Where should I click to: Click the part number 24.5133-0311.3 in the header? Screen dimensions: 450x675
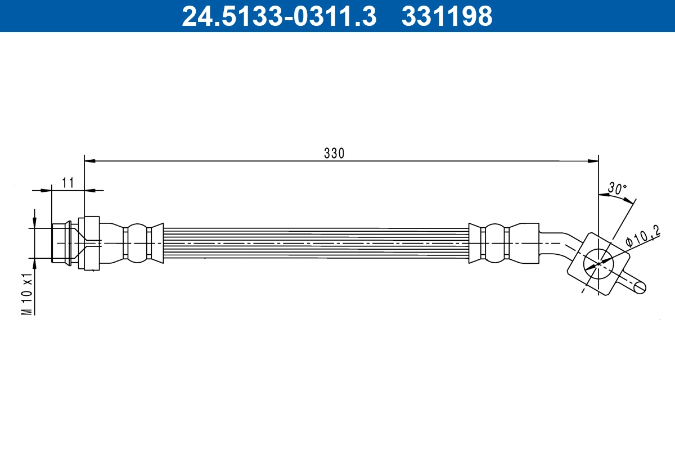pos(278,16)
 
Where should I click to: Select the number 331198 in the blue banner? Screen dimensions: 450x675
pos(447,16)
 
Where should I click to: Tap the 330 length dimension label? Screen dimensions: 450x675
pos(334,153)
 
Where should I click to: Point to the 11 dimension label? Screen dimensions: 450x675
pos(68,183)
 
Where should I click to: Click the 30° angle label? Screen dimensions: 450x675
pos(617,188)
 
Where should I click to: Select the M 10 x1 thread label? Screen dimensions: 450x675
pos(26,294)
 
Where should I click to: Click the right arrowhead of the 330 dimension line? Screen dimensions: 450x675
pos(593,161)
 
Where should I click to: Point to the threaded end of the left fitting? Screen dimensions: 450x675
pos(60,243)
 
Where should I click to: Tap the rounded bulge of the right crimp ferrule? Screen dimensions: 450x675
pos(495,243)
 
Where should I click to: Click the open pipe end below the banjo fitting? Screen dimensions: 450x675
pos(640,286)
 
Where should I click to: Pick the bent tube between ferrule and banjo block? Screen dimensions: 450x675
pos(560,239)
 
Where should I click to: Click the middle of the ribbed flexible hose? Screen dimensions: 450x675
pos(315,244)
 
